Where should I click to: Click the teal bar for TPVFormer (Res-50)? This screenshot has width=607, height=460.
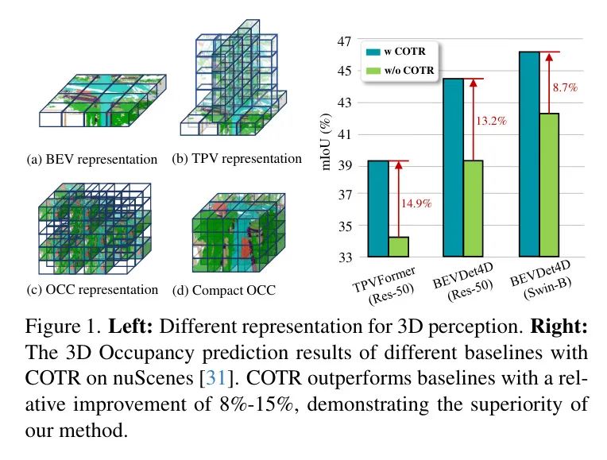pyautogui.click(x=378, y=209)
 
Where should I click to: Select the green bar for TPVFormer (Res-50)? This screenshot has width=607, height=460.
pyautogui.click(x=399, y=247)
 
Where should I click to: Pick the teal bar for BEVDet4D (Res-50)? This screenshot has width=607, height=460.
pyautogui.click(x=453, y=168)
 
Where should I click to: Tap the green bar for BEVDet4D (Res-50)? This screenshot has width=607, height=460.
pyautogui.click(x=474, y=209)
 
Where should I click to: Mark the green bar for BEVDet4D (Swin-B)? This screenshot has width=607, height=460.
pyautogui.click(x=550, y=185)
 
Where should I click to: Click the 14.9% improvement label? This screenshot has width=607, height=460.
pyautogui.click(x=416, y=203)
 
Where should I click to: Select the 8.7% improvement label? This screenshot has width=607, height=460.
pyautogui.click(x=565, y=87)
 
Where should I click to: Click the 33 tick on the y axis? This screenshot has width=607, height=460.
pyautogui.click(x=345, y=257)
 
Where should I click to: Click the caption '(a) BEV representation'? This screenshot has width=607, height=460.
pyautogui.click(x=92, y=160)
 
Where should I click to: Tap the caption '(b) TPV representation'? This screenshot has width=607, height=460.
pyautogui.click(x=237, y=158)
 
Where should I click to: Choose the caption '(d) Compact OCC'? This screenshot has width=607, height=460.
pyautogui.click(x=224, y=291)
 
